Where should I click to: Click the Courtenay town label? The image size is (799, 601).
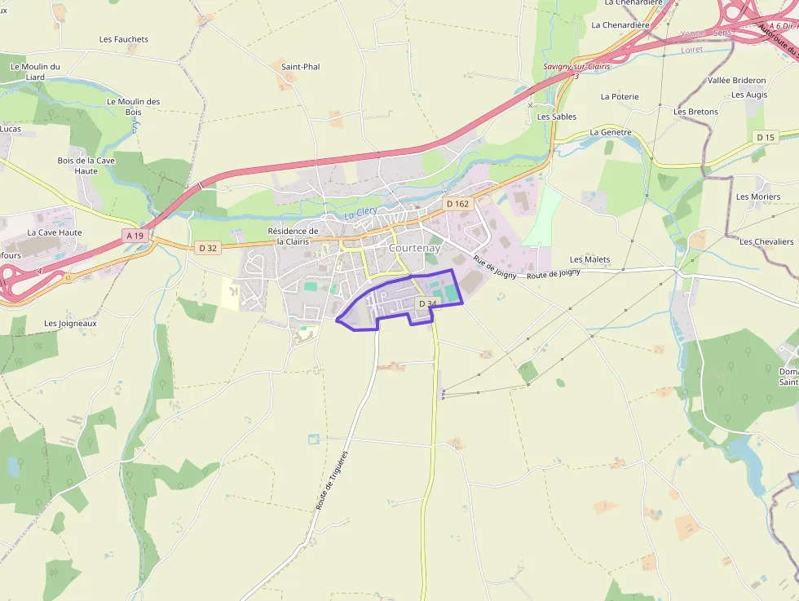click(x=415, y=248)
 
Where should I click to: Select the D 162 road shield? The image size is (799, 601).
click(x=457, y=203)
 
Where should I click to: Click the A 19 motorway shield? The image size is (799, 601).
click(x=135, y=236)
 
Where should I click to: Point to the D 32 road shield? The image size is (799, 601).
click(x=208, y=247)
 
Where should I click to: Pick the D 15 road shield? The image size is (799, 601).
click(x=765, y=137)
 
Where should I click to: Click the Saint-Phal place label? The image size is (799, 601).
click(x=300, y=66)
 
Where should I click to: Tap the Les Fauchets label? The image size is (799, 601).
click(x=124, y=39)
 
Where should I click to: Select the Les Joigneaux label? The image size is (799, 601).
click(x=70, y=323)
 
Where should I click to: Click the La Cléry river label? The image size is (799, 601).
click(x=360, y=213)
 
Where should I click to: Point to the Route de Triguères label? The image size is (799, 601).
click(x=332, y=480)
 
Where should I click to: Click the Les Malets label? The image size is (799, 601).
click(x=589, y=259)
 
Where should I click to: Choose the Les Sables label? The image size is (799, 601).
click(x=557, y=117)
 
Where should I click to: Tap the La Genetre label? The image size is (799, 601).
click(x=611, y=131)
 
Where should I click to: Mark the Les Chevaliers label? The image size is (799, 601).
click(x=766, y=241)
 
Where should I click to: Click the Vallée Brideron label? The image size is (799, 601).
click(x=737, y=80)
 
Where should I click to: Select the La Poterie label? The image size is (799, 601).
click(x=620, y=96)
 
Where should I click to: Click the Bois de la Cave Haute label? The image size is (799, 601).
click(x=86, y=166)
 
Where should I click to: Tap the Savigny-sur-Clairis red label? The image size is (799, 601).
click(x=576, y=66)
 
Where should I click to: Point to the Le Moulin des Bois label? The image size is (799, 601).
click(x=133, y=106)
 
